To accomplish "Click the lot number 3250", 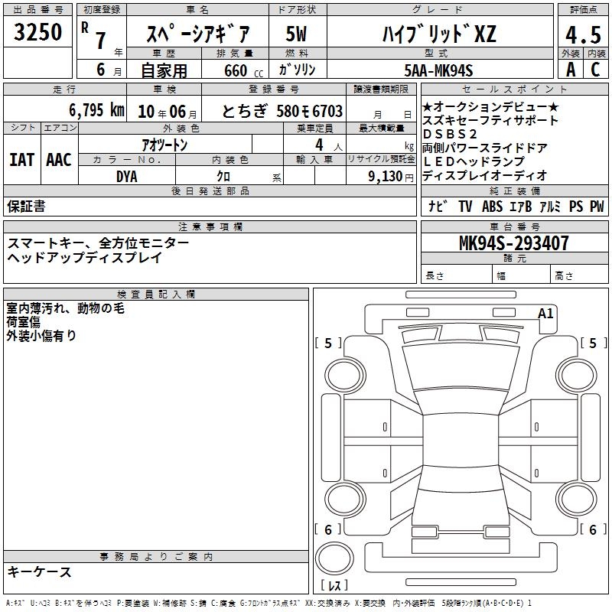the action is [x=37, y=32].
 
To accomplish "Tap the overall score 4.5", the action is [x=583, y=34].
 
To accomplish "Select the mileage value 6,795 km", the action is [x=96, y=110].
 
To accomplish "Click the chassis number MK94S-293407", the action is [x=513, y=243].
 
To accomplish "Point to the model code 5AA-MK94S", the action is [x=438, y=70].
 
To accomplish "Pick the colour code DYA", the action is [x=127, y=177].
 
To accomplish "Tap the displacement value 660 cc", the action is [x=243, y=71].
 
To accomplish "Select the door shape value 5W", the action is [x=296, y=34].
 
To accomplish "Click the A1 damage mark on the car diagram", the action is [x=545, y=314].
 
